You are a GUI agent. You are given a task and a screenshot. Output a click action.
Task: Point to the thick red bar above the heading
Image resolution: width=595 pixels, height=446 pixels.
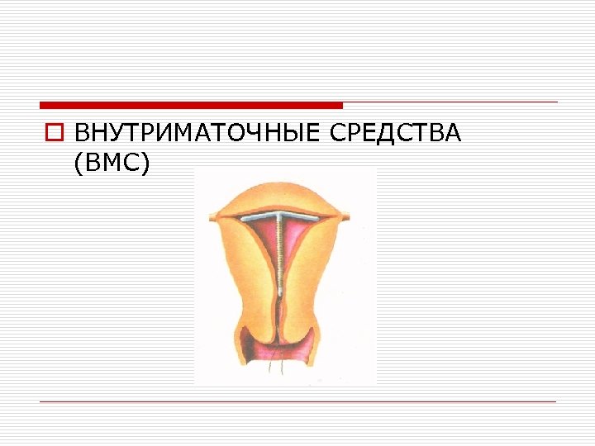pos(190,106)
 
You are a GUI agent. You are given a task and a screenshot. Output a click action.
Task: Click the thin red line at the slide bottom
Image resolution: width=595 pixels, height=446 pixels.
pos(297,402)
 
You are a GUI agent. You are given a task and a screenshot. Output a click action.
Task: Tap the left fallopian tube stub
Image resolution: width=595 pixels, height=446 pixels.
pos(214,218)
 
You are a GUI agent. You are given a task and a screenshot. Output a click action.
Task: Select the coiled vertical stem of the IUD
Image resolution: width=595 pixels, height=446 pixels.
pos(281,256)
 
